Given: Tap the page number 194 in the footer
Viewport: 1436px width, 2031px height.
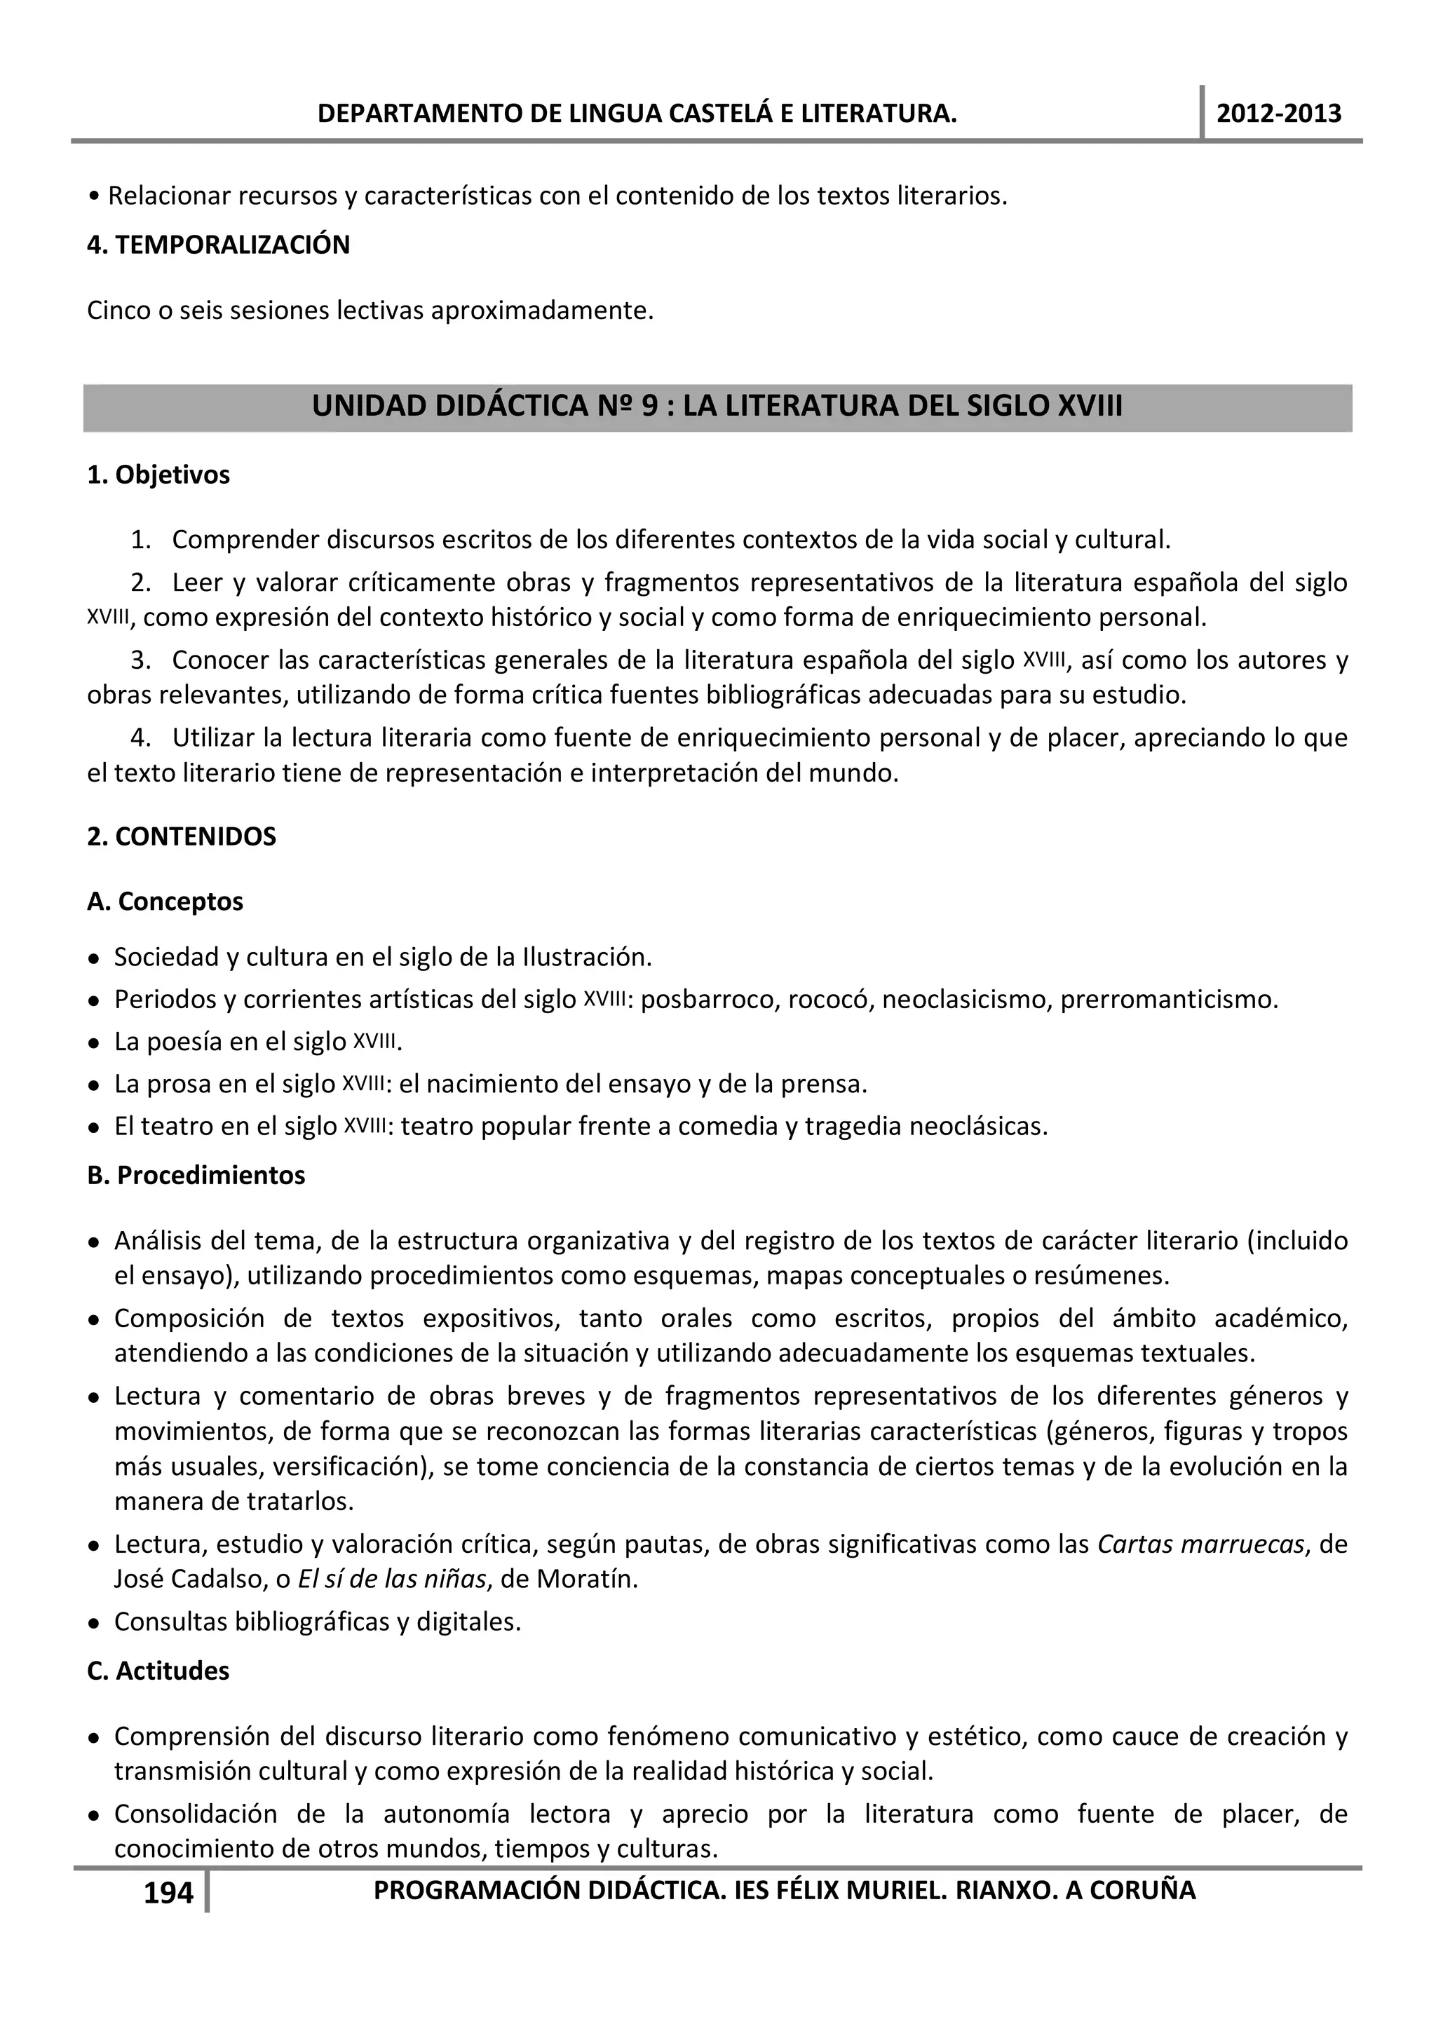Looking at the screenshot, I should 168,1893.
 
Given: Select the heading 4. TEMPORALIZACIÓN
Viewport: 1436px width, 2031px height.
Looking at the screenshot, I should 219,245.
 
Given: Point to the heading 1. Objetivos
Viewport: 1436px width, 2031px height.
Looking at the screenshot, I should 158,475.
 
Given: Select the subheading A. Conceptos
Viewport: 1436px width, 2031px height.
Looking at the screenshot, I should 165,902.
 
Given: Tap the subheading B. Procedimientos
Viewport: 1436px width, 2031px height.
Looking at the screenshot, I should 196,1175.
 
